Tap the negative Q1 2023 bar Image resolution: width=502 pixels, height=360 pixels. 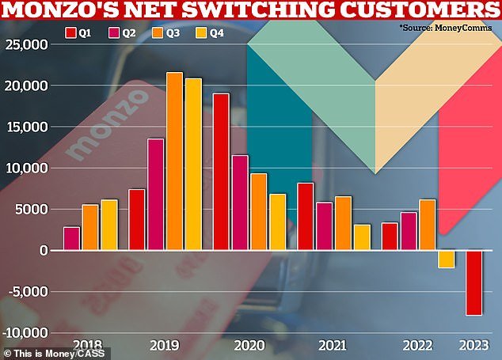click(x=473, y=282)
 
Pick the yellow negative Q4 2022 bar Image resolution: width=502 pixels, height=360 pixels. click(x=447, y=259)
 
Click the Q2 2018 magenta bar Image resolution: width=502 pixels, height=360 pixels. click(x=71, y=238)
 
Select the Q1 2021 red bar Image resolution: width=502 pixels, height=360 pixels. click(x=306, y=216)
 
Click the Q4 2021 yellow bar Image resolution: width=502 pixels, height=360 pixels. click(x=362, y=237)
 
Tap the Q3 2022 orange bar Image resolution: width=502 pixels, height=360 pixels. click(x=428, y=225)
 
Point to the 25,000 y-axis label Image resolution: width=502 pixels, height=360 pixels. click(x=26, y=44)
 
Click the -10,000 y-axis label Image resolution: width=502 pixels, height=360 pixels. click(x=24, y=332)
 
